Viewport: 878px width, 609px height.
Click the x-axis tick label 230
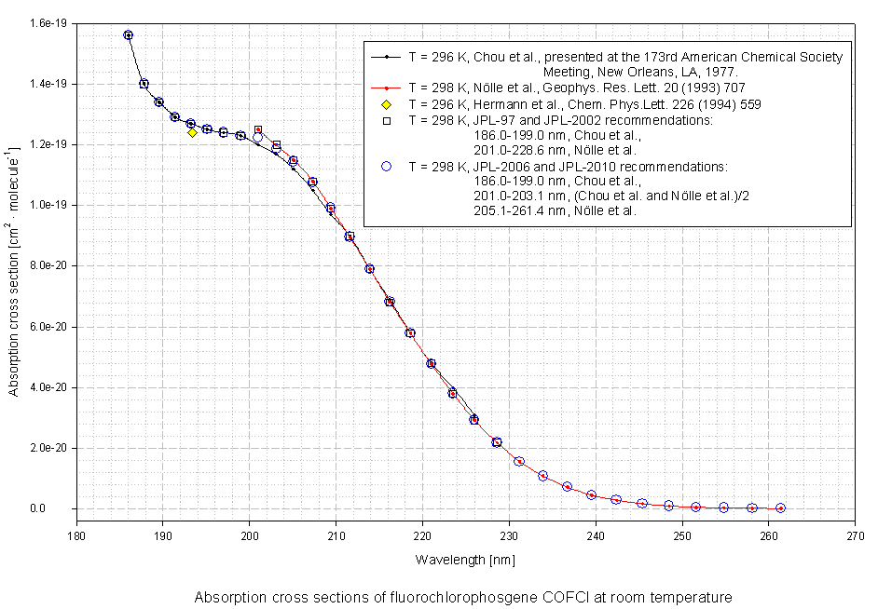point(509,536)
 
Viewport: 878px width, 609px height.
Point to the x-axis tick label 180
point(76,536)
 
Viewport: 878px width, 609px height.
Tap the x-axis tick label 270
point(856,536)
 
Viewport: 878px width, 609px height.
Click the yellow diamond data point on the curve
point(192,132)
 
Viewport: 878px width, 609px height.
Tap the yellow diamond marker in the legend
point(386,104)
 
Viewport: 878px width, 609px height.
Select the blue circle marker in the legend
point(386,166)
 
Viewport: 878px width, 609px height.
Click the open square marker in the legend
point(386,120)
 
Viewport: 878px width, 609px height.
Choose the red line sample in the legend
point(386,88)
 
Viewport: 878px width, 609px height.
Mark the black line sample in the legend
point(386,57)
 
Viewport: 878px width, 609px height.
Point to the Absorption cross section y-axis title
point(14,271)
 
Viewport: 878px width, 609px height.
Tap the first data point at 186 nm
point(128,35)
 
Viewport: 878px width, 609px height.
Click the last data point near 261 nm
point(780,508)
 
